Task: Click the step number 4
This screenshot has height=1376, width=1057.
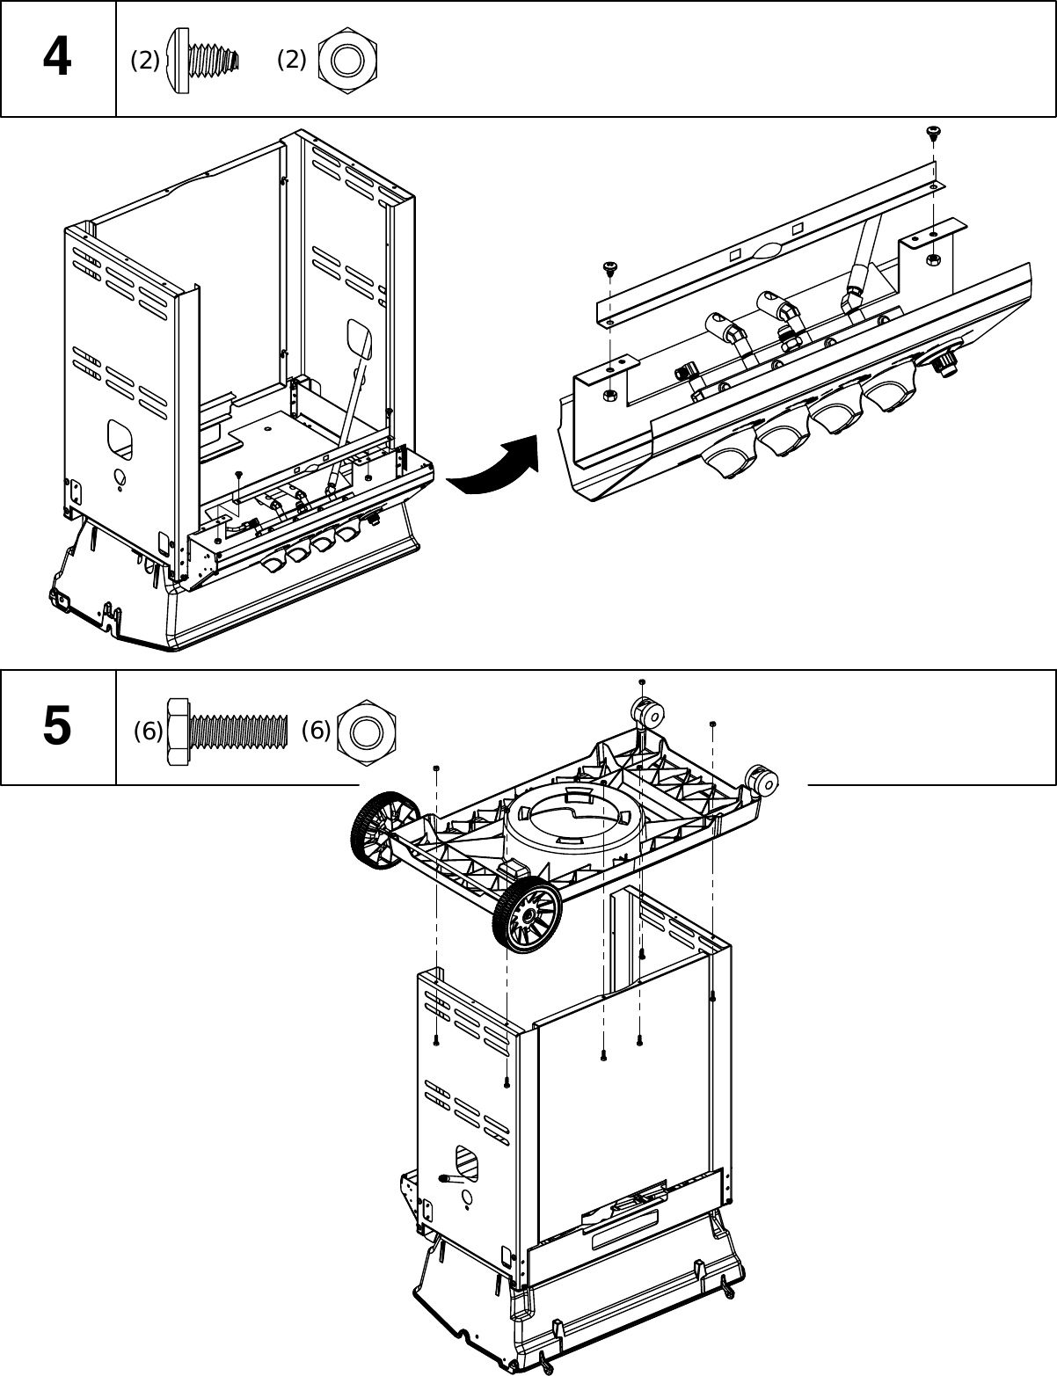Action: [57, 58]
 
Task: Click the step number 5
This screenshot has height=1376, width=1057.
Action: [57, 727]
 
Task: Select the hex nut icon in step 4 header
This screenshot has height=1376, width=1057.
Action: [347, 61]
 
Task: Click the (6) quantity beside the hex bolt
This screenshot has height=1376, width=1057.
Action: [148, 731]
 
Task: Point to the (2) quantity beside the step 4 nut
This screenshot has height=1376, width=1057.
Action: [291, 60]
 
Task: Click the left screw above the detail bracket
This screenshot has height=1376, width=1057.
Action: [608, 267]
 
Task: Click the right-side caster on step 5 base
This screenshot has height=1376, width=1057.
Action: [762, 780]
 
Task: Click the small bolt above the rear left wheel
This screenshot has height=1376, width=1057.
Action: [437, 768]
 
